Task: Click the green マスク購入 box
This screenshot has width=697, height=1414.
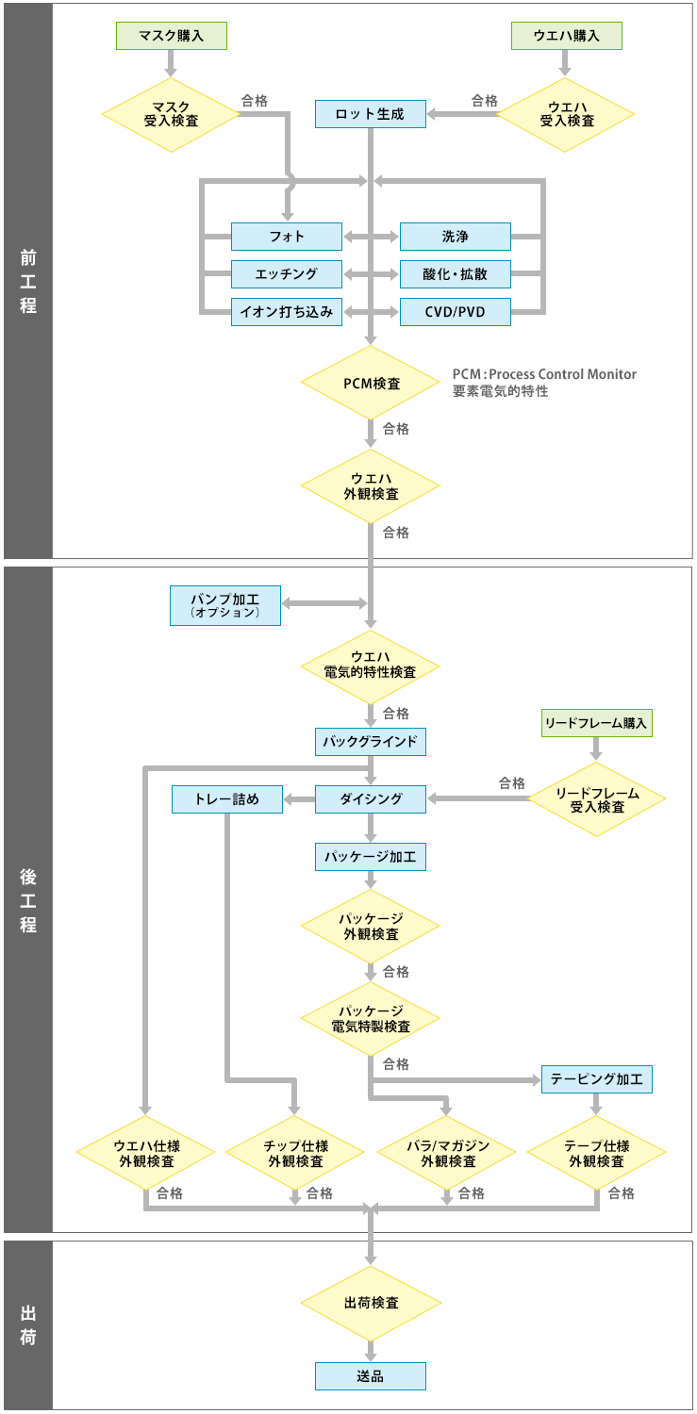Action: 172,36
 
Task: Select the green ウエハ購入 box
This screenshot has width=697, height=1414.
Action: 567,36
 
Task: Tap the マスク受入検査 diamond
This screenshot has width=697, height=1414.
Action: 171,114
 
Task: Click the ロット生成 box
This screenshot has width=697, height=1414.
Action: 370,114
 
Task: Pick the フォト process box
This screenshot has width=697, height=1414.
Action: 287,237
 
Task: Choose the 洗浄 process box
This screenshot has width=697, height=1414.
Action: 455,237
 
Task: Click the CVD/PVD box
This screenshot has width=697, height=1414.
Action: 455,312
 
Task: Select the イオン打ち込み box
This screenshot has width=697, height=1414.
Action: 287,312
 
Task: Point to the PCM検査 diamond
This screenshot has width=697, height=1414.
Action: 370,384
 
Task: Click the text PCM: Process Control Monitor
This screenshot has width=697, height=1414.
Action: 544,374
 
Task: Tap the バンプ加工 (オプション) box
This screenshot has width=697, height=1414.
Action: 225,605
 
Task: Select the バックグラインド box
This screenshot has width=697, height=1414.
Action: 370,742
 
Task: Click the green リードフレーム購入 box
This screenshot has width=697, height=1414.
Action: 595,723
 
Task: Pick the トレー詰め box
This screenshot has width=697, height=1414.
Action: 227,799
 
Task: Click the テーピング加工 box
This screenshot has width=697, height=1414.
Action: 596,1079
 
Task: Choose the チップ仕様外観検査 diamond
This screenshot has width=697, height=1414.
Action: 294,1153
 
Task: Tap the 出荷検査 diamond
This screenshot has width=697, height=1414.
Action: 371,1304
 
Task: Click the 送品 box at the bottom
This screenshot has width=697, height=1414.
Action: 370,1376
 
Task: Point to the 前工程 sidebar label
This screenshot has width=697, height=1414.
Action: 28,280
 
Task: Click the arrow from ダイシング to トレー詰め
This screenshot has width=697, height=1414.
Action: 299,800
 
